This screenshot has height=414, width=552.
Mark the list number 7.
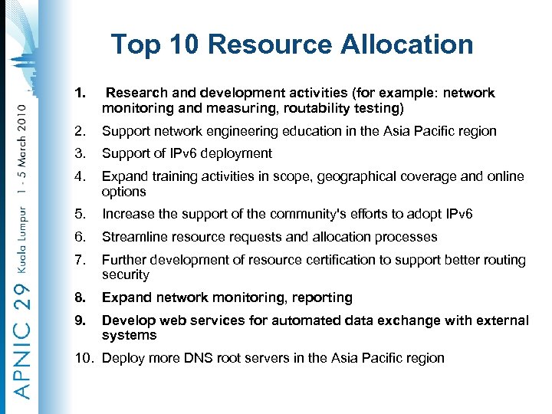click(x=80, y=260)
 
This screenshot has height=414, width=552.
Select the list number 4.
click(x=80, y=176)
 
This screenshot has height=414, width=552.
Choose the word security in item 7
click(x=126, y=274)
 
